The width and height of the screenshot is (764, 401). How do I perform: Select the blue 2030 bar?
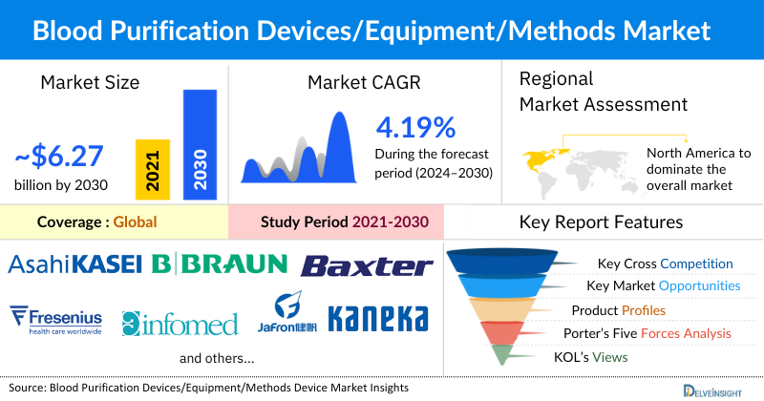click(201, 143)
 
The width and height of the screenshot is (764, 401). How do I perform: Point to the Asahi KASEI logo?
click(75, 264)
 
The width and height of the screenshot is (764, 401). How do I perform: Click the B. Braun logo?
click(219, 264)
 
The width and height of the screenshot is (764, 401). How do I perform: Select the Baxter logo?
click(367, 265)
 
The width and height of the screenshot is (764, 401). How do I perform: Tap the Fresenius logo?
click(54, 318)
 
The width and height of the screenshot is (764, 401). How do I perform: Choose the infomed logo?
click(180, 324)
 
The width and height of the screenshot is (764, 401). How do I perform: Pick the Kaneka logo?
click(377, 318)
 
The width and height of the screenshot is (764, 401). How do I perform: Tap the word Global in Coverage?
click(135, 222)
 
